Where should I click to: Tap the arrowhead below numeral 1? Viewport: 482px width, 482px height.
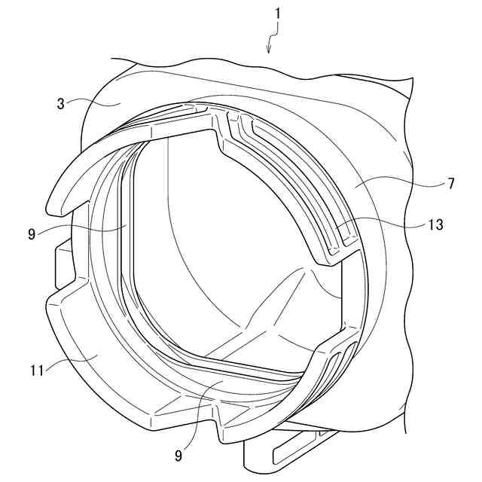tap(269, 50)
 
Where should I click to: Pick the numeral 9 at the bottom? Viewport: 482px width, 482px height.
tap(179, 454)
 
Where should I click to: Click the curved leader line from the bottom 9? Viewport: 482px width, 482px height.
tap(195, 418)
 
